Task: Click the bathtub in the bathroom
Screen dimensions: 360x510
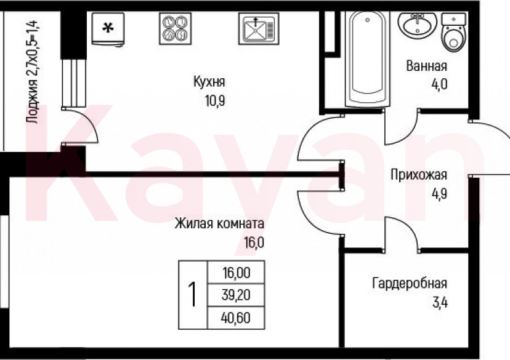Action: pyautogui.click(x=367, y=58)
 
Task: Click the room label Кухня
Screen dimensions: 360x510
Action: pyautogui.click(x=209, y=82)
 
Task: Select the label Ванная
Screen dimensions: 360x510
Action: pyautogui.click(x=426, y=66)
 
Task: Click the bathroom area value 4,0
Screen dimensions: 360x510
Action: pyautogui.click(x=438, y=84)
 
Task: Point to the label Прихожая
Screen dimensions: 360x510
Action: pyautogui.click(x=418, y=175)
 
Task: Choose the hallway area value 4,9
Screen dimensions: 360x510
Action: pyautogui.click(x=438, y=193)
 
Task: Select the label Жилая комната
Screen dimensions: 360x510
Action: pyautogui.click(x=219, y=223)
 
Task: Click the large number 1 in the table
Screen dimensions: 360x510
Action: pyautogui.click(x=192, y=295)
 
